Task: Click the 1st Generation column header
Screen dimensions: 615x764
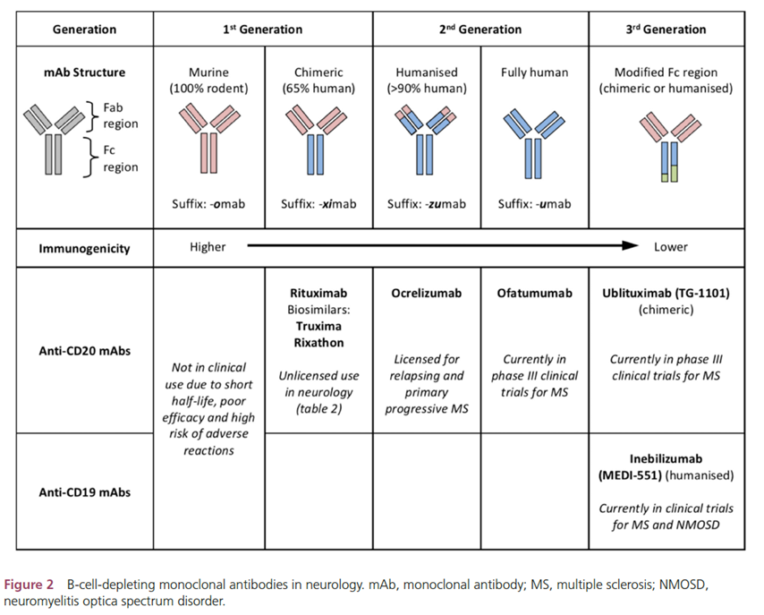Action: tap(262, 30)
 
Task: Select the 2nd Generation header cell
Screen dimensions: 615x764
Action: tap(480, 30)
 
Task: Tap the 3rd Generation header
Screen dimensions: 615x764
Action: tap(664, 30)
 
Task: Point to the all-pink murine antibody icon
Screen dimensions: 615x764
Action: tap(208, 138)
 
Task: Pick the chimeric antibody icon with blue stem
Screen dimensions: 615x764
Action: tap(318, 138)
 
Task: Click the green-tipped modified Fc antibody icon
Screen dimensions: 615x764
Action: tap(665, 147)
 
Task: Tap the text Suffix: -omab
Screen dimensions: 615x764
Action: tap(209, 204)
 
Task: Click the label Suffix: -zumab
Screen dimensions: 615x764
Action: tap(426, 204)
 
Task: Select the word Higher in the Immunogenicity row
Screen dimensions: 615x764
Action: tap(208, 247)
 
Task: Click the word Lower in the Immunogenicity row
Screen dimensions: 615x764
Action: tap(671, 247)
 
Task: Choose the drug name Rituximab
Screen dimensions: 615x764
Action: tap(318, 293)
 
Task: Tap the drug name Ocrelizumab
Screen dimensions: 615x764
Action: tap(426, 293)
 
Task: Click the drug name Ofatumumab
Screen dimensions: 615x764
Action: tap(533, 293)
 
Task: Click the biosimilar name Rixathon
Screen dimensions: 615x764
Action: tap(318, 341)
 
